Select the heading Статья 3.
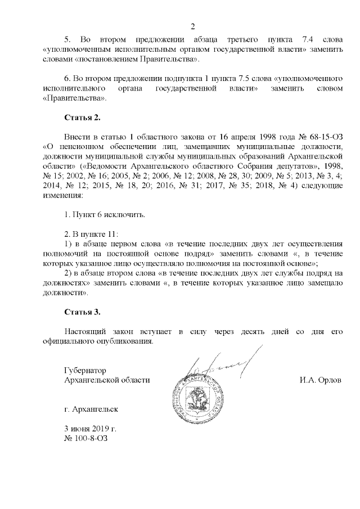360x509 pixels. [x=82, y=312]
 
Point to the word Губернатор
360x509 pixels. [x=85, y=370]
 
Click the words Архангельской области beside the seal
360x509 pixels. [x=107, y=380]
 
